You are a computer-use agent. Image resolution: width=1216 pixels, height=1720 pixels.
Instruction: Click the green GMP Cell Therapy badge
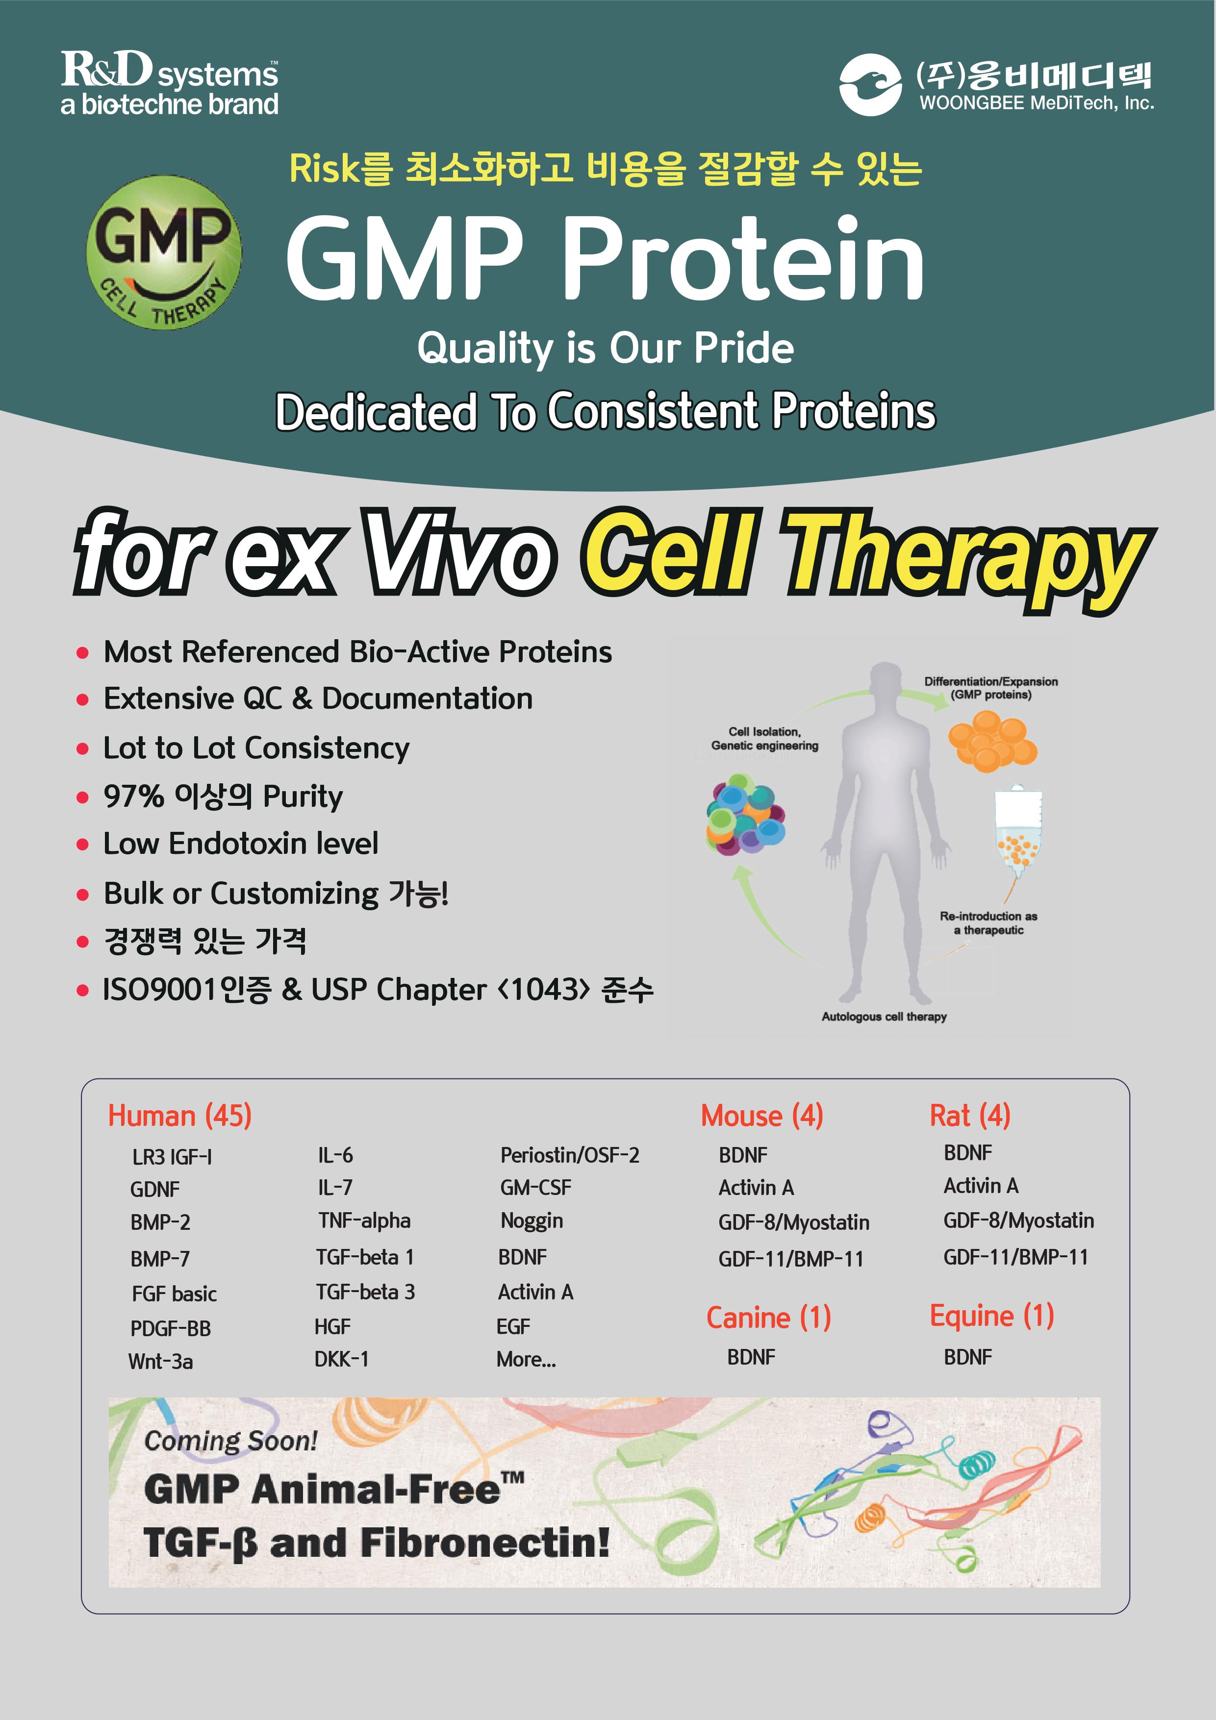164,253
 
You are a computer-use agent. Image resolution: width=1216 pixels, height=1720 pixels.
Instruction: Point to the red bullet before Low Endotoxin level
82,845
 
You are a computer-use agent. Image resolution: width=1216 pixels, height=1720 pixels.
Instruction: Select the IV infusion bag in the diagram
1017,831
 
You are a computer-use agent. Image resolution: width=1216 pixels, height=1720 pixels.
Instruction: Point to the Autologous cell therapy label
884,1017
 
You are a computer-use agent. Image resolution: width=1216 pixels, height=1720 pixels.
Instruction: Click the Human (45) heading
180,1116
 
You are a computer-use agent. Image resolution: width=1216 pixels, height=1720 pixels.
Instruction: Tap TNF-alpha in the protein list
364,1221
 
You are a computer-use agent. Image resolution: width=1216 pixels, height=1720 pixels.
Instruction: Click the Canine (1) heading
769,1318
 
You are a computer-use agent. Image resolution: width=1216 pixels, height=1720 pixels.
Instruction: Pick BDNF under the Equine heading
968,1357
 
